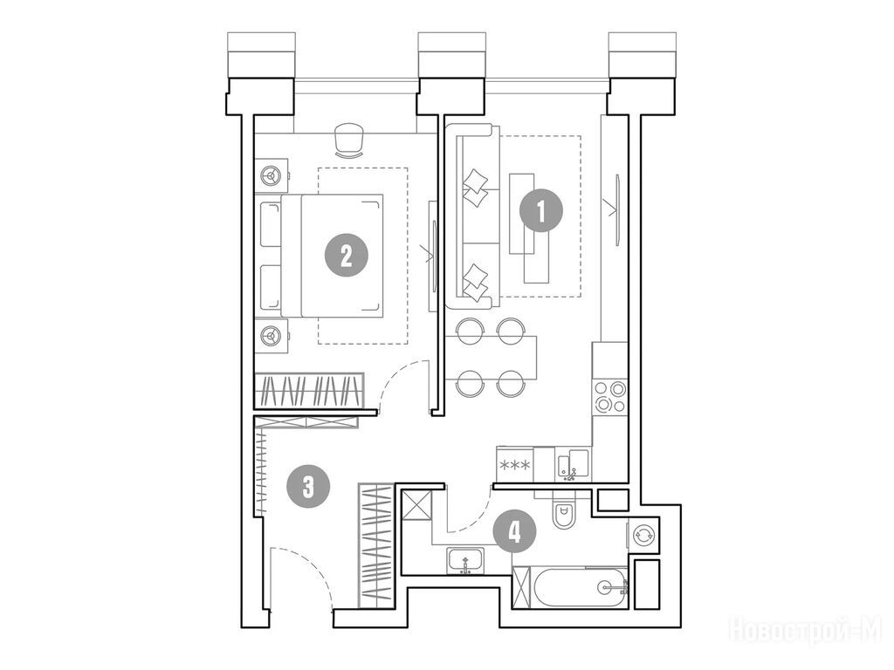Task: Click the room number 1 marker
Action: pos(541,211)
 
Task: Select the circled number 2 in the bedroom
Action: pos(346,256)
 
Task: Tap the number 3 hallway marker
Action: pos(308,487)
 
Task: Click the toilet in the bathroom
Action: pos(564,510)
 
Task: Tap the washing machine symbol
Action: pos(643,535)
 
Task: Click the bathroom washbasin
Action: pos(466,562)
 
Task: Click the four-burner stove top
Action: pos(610,397)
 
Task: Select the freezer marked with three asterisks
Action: pos(515,464)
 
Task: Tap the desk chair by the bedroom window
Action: pos(349,140)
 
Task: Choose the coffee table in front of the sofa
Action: pos(529,228)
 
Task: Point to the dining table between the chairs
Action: pos(491,358)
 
